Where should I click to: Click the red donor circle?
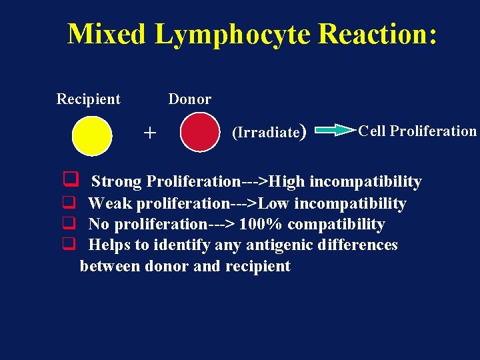199,132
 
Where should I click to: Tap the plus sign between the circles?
150,133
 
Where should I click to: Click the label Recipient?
88,99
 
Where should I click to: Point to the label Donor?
189,99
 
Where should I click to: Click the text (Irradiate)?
268,132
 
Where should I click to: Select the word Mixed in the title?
105,33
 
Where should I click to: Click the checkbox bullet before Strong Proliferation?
68,179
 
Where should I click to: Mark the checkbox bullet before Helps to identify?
68,245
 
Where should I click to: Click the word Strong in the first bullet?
116,181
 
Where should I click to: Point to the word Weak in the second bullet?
110,203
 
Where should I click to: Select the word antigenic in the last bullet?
277,245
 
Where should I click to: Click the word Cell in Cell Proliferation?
371,131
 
